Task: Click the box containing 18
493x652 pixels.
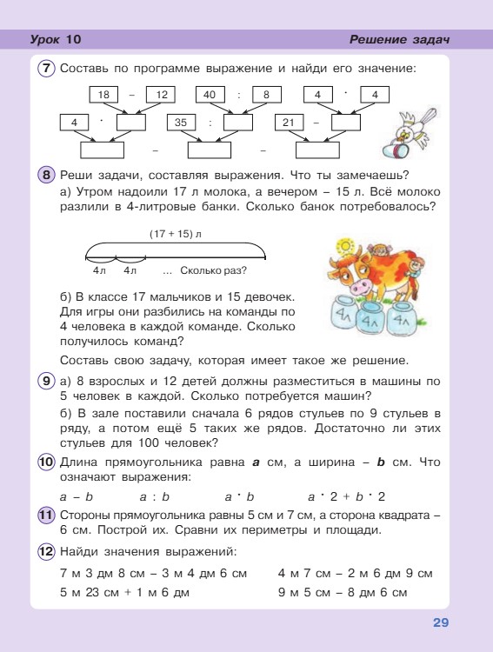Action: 103,94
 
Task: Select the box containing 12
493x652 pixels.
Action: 161,94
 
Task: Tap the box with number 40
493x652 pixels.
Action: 210,94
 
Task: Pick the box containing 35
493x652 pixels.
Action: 181,123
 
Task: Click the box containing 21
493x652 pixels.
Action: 289,123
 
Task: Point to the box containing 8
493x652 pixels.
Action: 267,94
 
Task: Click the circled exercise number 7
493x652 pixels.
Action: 47,68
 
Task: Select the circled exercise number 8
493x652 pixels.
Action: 47,174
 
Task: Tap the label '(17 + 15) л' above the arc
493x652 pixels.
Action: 175,235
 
